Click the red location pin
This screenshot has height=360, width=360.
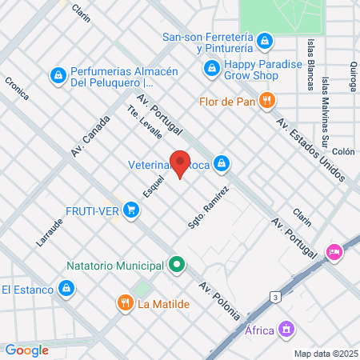[x=181, y=163]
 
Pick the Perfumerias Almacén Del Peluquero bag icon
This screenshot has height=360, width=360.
[x=58, y=76]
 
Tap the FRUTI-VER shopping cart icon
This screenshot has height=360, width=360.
[x=131, y=210]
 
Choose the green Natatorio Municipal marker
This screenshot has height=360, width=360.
[x=177, y=263]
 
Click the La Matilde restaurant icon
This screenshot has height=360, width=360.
[x=125, y=303]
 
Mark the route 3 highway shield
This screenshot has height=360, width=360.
[x=276, y=297]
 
